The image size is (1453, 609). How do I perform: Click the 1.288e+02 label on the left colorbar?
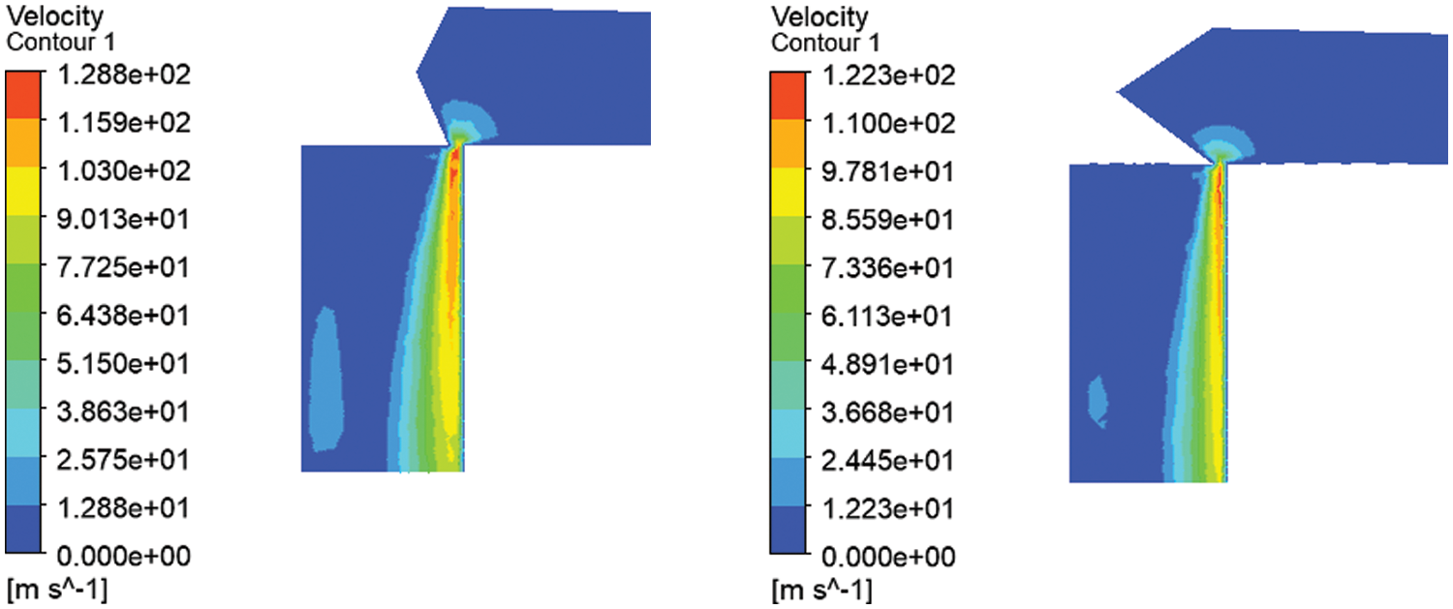pyautogui.click(x=124, y=76)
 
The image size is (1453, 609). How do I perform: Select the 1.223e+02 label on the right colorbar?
pyautogui.click(x=888, y=76)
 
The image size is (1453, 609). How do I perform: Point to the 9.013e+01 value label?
pyautogui.click(x=123, y=219)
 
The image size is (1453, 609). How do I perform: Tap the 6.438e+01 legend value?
pyautogui.click(x=123, y=316)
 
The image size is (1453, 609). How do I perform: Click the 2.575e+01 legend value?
pyautogui.click(x=123, y=460)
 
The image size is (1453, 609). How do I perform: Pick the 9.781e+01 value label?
pyautogui.click(x=887, y=172)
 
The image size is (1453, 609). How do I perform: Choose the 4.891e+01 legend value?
pyautogui.click(x=887, y=364)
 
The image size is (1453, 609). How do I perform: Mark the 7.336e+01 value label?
pyautogui.click(x=887, y=268)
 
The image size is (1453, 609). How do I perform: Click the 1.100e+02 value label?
pyautogui.click(x=888, y=123)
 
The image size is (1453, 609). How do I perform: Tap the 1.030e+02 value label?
pyautogui.click(x=124, y=171)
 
